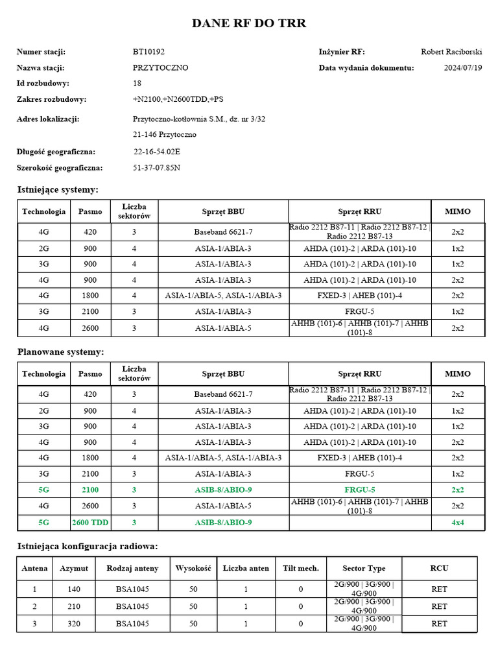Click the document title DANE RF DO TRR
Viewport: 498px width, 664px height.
pos(249,23)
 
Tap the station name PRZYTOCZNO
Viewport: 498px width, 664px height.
pos(160,67)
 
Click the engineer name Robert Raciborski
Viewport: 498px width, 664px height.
pos(451,52)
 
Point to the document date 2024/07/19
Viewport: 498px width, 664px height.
pos(463,67)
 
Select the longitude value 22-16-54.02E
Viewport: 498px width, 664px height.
pos(157,152)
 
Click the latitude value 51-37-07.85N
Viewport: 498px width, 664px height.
pos(157,168)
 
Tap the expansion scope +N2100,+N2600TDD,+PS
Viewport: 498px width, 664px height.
pos(177,99)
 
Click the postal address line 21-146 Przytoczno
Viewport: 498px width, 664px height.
pos(165,135)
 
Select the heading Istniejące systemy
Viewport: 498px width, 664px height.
pos(58,189)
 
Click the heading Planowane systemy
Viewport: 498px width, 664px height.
pos(60,351)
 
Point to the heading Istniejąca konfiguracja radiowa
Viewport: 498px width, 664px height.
pos(87,546)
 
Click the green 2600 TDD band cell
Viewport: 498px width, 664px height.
pos(90,522)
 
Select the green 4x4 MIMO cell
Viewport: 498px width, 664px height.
pos(457,522)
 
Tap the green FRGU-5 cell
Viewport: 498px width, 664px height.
pos(359,490)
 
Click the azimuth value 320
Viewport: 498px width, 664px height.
pos(74,623)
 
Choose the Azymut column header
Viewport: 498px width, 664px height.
pos(74,569)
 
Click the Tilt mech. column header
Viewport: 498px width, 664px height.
pos(301,569)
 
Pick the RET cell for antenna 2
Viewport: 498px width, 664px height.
pos(439,606)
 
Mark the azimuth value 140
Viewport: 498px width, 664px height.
pos(74,589)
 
